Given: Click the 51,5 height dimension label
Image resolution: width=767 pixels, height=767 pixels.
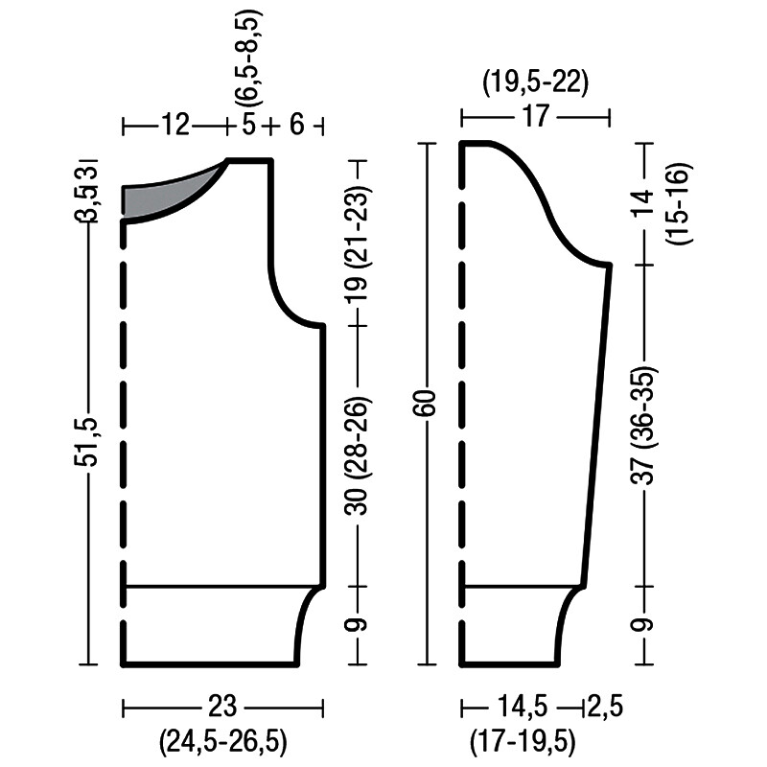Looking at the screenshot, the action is click(87, 442).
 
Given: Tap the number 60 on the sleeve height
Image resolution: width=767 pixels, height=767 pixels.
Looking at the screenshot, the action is click(428, 403).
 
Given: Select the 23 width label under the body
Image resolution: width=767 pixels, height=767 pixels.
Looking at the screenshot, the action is click(222, 706).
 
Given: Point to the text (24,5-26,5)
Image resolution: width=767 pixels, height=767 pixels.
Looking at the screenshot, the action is click(222, 741).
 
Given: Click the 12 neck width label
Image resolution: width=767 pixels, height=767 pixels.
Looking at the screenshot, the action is click(174, 125).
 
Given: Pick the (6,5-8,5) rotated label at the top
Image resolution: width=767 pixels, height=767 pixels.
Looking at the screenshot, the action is click(248, 58).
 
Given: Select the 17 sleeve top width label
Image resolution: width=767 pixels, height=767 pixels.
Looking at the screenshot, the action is click(536, 116).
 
